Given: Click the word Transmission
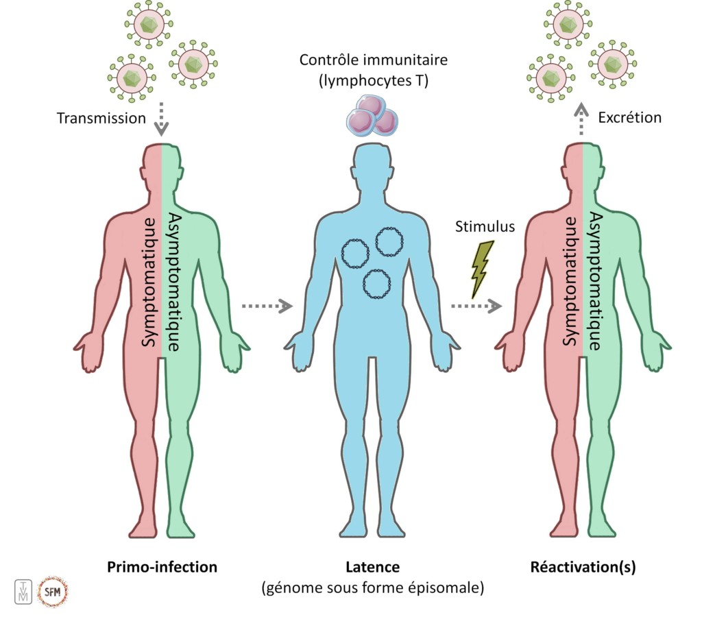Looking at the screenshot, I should coord(101,118).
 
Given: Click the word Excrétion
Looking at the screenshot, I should coord(629,117).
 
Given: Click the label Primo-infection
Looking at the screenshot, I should coord(162,567).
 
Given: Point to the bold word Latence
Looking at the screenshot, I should coord(373,567).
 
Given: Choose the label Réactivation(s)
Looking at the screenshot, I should coord(583,567).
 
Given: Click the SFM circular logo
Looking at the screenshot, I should coord(53,591).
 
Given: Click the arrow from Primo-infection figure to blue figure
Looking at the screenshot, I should coord(267,306).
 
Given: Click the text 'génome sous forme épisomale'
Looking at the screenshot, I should coord(373,588).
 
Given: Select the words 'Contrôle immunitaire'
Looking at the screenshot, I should coord(373,60).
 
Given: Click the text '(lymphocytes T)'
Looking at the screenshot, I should coord(373,82).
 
